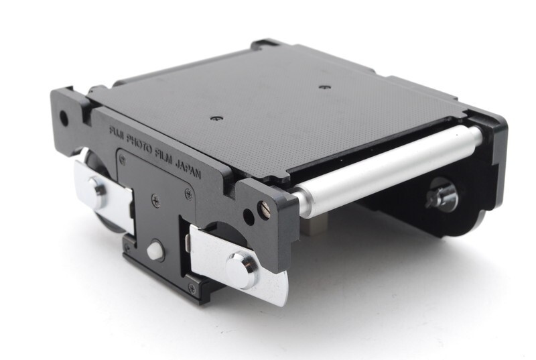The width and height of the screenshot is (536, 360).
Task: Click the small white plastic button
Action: coord(155,250)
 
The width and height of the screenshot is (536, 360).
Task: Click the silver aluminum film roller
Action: coord(386,165)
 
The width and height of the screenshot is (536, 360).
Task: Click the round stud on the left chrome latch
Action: coord(98,192)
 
